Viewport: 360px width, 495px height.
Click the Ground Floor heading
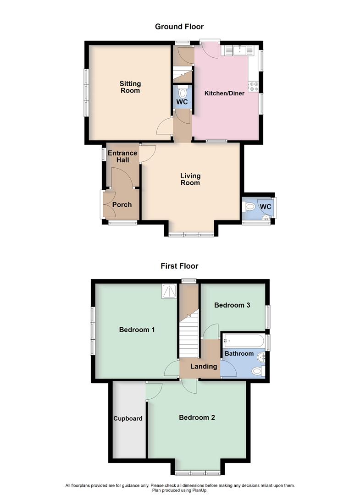pos(179,27)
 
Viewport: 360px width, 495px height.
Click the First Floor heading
pos(179,266)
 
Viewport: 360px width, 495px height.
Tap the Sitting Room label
pos(130,87)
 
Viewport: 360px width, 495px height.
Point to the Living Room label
pos(190,179)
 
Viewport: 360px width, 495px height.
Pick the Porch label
pos(122,204)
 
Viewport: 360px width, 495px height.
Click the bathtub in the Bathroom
pos(243,341)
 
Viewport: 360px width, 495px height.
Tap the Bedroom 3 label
pos(232,305)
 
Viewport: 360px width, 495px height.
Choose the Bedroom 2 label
pos(197,418)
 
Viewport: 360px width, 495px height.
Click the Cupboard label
pos(128,418)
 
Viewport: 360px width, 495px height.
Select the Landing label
pos(204,366)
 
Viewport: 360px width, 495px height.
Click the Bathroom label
pos(239,354)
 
